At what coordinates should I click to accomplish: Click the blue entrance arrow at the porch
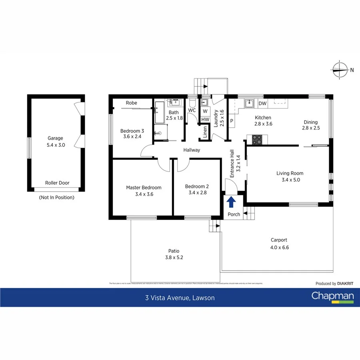click(x=231, y=202)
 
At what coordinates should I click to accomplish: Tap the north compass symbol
click(x=340, y=70)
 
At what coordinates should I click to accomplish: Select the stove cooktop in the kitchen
click(x=257, y=140)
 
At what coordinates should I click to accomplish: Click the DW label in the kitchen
click(x=262, y=104)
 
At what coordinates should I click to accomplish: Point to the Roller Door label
click(x=57, y=183)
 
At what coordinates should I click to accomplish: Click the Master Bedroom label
click(x=144, y=187)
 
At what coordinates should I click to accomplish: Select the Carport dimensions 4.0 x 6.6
click(x=279, y=247)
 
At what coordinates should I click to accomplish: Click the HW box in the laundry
click(x=205, y=119)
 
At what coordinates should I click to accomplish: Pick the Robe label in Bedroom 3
click(x=131, y=103)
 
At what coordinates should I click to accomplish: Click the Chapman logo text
click(x=332, y=296)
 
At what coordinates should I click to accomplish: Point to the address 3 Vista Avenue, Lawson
click(x=180, y=298)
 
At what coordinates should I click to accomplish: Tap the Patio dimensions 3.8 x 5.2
click(x=174, y=257)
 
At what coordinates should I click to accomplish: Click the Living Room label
click(x=290, y=173)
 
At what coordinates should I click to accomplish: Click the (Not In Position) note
click(x=56, y=197)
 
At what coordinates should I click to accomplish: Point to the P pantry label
click(x=232, y=121)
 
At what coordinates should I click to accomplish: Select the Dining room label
click(x=310, y=122)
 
